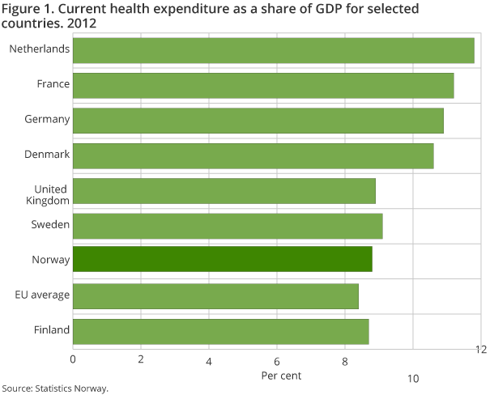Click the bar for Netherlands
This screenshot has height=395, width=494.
[274, 49]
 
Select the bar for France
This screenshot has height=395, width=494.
[263, 84]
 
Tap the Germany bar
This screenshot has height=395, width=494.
[258, 120]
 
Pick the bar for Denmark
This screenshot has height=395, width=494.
[253, 155]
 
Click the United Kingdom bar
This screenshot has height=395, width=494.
[224, 190]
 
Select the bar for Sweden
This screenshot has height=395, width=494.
[228, 226]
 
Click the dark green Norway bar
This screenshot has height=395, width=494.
[223, 261]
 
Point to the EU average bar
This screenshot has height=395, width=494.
[215, 295]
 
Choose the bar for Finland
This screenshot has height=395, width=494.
[221, 331]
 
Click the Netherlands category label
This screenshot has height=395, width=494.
[39, 49]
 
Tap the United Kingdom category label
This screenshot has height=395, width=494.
[50, 195]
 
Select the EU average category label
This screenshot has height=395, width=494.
[43, 295]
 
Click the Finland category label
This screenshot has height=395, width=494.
[53, 331]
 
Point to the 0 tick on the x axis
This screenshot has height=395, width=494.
[73, 359]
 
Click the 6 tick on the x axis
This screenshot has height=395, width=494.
[277, 359]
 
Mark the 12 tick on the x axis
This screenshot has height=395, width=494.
[480, 349]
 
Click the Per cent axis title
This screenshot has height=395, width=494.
[280, 376]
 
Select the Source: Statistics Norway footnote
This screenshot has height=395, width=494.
[54, 389]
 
